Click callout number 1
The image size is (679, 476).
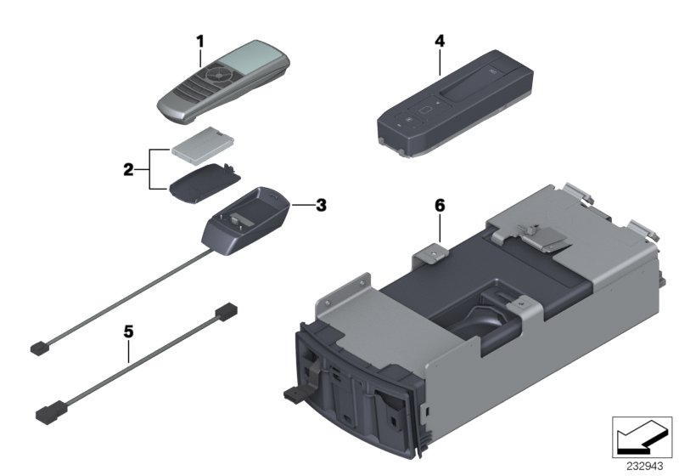click(x=200, y=39)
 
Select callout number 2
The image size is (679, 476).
click(x=128, y=169)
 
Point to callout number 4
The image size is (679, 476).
click(x=438, y=39)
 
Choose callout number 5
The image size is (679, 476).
click(x=128, y=333)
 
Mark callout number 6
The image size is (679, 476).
click(x=439, y=206)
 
